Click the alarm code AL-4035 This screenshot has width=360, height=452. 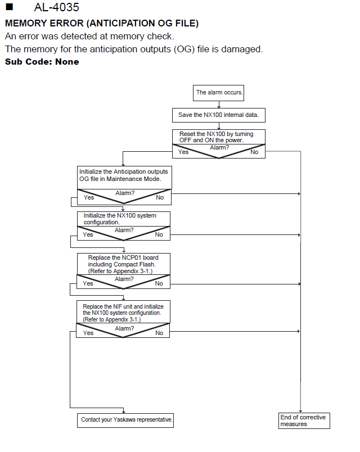[57, 7]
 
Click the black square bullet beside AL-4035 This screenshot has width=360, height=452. [10, 7]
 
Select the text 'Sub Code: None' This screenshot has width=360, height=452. [42, 62]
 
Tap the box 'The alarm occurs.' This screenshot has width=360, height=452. [218, 93]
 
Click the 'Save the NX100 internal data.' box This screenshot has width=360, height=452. [219, 115]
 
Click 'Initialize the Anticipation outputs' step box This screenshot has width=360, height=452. [124, 178]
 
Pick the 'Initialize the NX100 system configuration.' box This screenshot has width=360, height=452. [123, 219]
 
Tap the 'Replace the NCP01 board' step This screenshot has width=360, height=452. [123, 264]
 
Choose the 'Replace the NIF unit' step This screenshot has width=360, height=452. [123, 312]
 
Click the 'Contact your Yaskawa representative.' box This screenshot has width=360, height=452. [125, 421]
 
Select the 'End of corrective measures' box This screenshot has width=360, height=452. [304, 421]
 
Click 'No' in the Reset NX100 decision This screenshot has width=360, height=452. [254, 152]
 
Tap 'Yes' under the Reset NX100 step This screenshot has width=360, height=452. [183, 152]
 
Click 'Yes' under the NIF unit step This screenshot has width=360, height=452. [88, 333]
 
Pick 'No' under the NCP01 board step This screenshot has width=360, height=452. [159, 284]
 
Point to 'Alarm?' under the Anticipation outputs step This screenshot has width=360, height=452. [125, 193]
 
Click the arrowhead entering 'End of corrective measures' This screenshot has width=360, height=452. [300, 411]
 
